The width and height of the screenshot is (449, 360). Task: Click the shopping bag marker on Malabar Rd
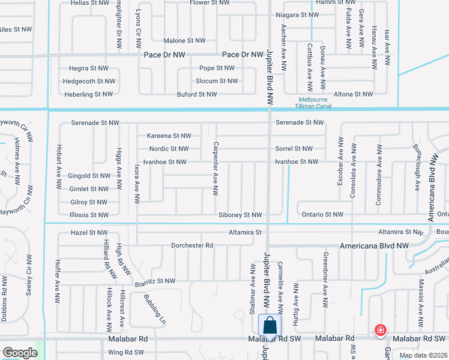click(270, 326)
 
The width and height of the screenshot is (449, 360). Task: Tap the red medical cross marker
click(380, 329)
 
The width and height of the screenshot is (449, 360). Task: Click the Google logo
click(20, 353)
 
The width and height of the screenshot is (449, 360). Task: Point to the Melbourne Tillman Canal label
click(313, 103)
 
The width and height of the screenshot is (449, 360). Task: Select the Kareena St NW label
click(169, 136)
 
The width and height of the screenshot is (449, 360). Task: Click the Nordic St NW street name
click(169, 149)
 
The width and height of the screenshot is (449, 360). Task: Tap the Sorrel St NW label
click(294, 149)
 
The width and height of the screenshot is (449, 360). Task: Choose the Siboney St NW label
click(240, 215)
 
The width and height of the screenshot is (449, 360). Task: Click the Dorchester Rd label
click(192, 245)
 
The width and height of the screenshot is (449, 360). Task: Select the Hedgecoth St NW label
click(89, 82)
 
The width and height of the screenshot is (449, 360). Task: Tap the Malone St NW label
click(184, 41)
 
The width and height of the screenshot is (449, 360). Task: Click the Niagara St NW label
click(297, 15)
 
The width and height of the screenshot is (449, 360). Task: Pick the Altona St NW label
click(354, 94)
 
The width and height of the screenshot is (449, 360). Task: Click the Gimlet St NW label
click(89, 188)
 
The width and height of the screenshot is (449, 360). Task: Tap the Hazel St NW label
click(89, 232)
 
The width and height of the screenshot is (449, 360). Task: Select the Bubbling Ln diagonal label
click(154, 309)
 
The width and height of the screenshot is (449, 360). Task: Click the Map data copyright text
click(423, 355)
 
